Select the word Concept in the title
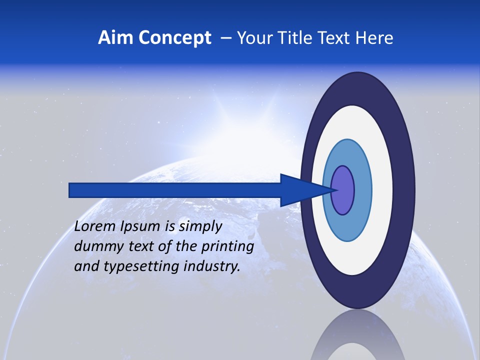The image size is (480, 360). (174, 38)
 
